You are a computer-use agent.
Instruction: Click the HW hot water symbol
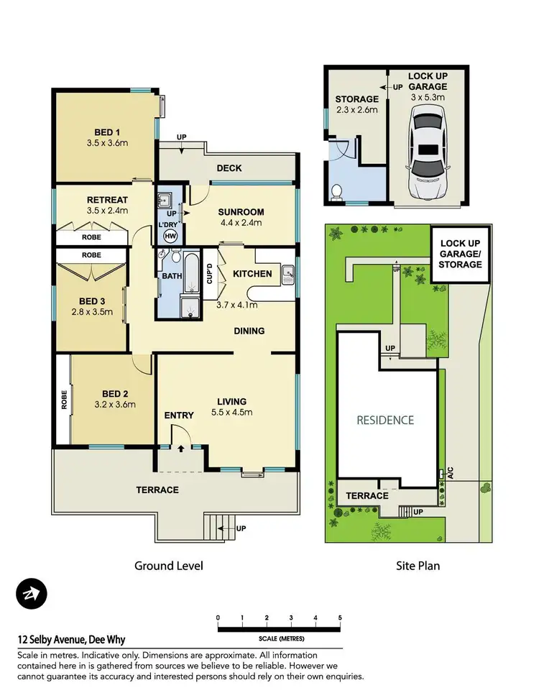(x=170, y=236)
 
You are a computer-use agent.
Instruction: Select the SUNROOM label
(x=241, y=212)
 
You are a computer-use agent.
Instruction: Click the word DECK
(x=229, y=168)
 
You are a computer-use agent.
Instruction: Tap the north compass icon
(x=31, y=594)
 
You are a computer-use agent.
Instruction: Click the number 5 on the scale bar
(x=339, y=617)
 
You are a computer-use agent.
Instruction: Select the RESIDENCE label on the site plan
(x=386, y=420)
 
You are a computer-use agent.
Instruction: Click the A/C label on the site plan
(x=451, y=474)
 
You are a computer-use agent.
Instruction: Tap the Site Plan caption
(x=418, y=566)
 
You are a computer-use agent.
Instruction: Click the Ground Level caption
(x=169, y=566)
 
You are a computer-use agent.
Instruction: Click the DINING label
(x=249, y=331)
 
